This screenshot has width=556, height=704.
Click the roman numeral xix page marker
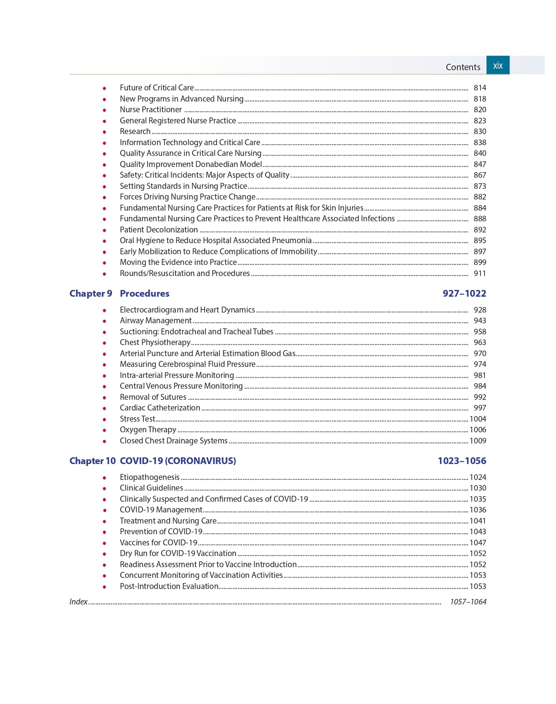pos(498,65)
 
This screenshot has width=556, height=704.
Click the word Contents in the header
pos(463,67)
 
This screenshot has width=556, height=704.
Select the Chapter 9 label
pos(91,293)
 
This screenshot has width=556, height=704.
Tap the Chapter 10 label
pos(92,461)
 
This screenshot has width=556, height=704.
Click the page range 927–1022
pos(464,293)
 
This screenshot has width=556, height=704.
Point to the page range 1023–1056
pos(462,461)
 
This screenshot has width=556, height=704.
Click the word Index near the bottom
pos(78,602)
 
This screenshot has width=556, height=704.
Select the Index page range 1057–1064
pos(468,602)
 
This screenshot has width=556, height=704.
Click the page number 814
pos(480,88)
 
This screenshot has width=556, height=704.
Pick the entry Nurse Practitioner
pos(151,109)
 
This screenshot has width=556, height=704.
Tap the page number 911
pos(480,273)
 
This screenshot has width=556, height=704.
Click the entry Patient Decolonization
pos(159,230)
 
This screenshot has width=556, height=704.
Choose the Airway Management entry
pos(156,320)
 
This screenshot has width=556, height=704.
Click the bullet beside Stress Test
pos(104,419)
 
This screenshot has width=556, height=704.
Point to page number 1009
pos(478,441)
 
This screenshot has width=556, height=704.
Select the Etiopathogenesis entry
pos(150,477)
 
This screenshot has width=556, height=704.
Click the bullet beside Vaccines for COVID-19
pos(104,543)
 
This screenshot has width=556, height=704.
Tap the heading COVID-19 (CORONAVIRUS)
pos(178,461)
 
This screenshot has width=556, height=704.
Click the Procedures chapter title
pos(145,293)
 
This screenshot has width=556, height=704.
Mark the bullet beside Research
pos(104,132)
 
